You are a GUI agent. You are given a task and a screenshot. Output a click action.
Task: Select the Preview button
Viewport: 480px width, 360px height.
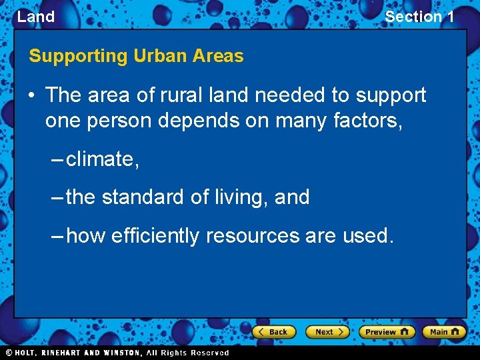click(387, 331)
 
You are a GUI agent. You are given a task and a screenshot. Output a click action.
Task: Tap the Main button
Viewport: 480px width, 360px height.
click(445, 331)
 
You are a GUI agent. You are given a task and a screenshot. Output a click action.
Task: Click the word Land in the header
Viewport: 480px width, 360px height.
click(36, 17)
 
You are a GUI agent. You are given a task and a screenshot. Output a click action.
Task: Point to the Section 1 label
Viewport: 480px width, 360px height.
click(419, 17)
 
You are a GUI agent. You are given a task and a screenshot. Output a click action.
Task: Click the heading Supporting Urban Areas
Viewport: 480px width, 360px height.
click(136, 56)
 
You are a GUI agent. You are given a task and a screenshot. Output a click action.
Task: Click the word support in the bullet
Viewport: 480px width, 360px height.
click(391, 95)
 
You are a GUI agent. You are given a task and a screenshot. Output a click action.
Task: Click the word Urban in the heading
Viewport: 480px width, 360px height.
click(160, 56)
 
